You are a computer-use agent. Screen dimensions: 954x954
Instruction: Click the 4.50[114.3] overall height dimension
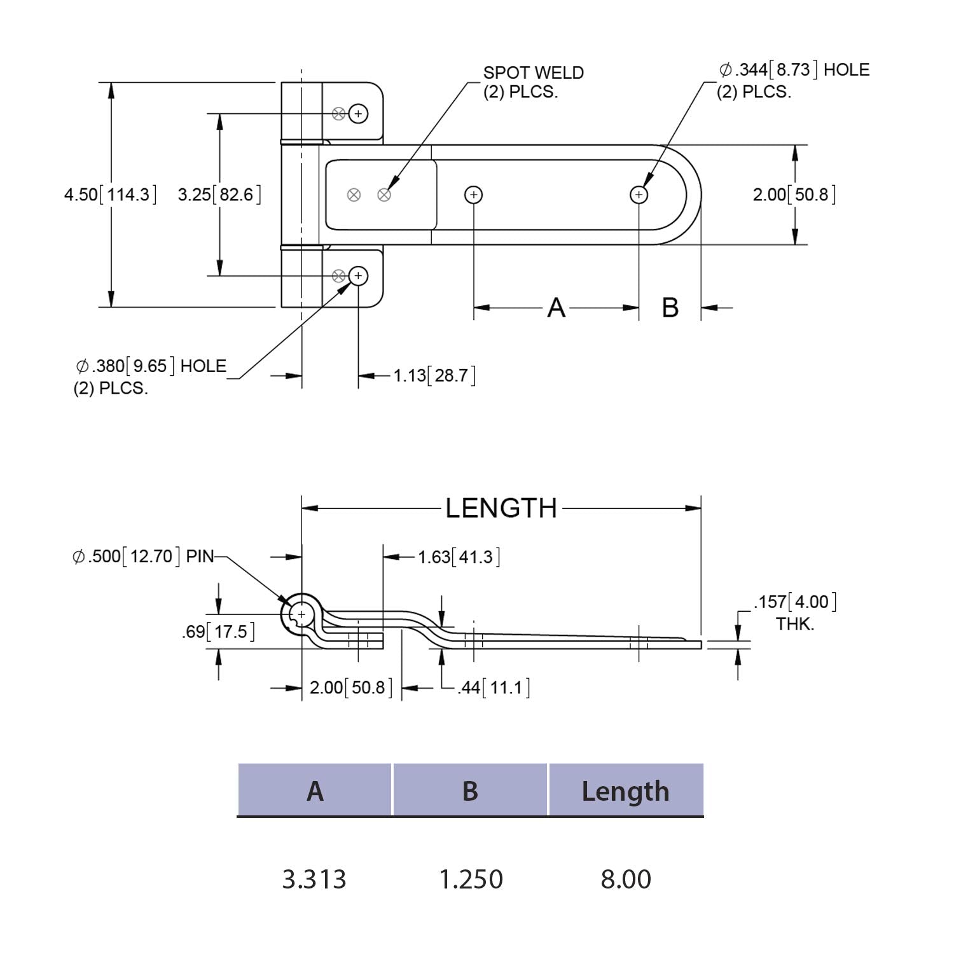(x=109, y=195)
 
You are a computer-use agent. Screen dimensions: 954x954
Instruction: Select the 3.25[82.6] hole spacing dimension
(x=219, y=195)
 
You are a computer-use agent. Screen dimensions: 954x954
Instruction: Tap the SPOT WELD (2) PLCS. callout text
(x=533, y=82)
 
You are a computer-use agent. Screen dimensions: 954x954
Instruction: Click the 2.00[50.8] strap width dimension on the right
(x=794, y=195)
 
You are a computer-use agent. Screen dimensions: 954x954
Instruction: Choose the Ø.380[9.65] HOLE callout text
(x=150, y=376)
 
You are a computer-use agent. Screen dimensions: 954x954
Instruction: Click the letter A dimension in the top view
(x=556, y=308)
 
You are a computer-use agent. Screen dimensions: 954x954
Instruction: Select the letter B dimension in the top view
(x=670, y=308)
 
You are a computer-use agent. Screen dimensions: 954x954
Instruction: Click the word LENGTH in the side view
(x=501, y=509)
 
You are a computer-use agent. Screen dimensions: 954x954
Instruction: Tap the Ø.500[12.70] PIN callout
(x=144, y=556)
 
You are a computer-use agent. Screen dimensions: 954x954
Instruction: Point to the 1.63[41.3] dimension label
(x=459, y=557)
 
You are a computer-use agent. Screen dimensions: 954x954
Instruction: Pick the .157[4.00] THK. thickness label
(x=794, y=612)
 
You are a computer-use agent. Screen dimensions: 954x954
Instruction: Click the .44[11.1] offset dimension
(x=494, y=688)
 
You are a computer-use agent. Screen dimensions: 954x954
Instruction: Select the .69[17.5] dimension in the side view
(x=218, y=632)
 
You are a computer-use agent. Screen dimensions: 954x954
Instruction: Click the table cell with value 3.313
(x=314, y=880)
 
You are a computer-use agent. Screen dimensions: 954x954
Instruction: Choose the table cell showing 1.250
(x=471, y=880)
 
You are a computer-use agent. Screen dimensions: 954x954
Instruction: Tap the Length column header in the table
(x=626, y=791)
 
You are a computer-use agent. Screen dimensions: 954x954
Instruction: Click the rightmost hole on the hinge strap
(x=639, y=195)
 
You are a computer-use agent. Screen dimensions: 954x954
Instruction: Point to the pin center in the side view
(x=301, y=614)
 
